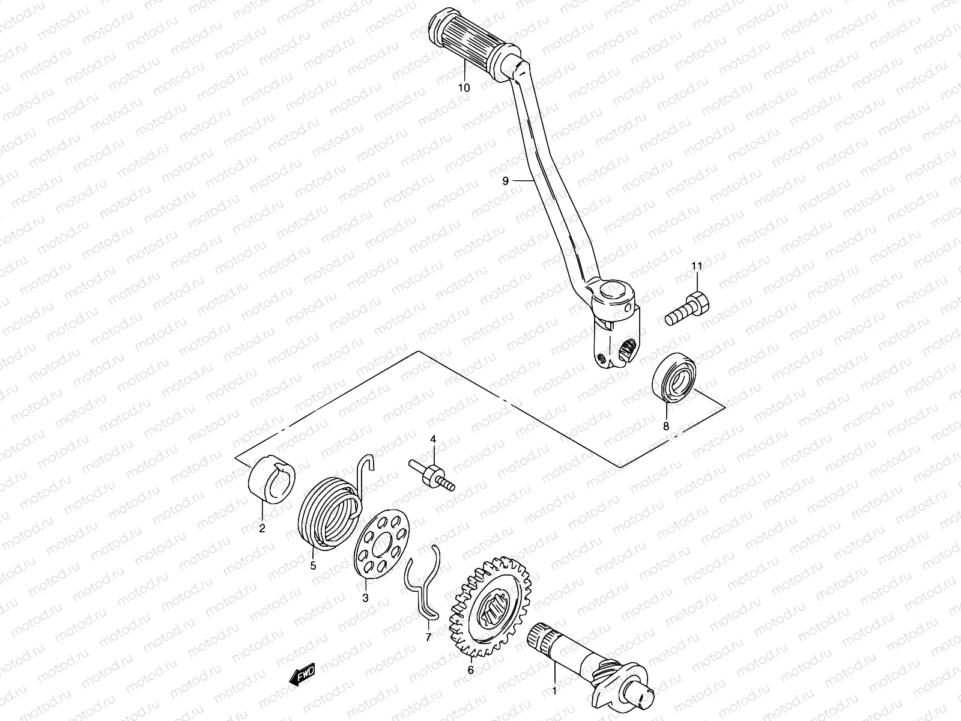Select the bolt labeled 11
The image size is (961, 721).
point(688,308)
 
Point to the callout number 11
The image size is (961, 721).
point(696,266)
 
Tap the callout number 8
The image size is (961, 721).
point(665,426)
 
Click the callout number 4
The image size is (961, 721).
point(432,439)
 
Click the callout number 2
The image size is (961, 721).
point(262,529)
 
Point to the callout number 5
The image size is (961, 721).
point(312,564)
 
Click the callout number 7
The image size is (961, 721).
point(428,637)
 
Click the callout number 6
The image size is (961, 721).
point(470,670)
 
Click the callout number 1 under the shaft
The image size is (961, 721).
point(554,691)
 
